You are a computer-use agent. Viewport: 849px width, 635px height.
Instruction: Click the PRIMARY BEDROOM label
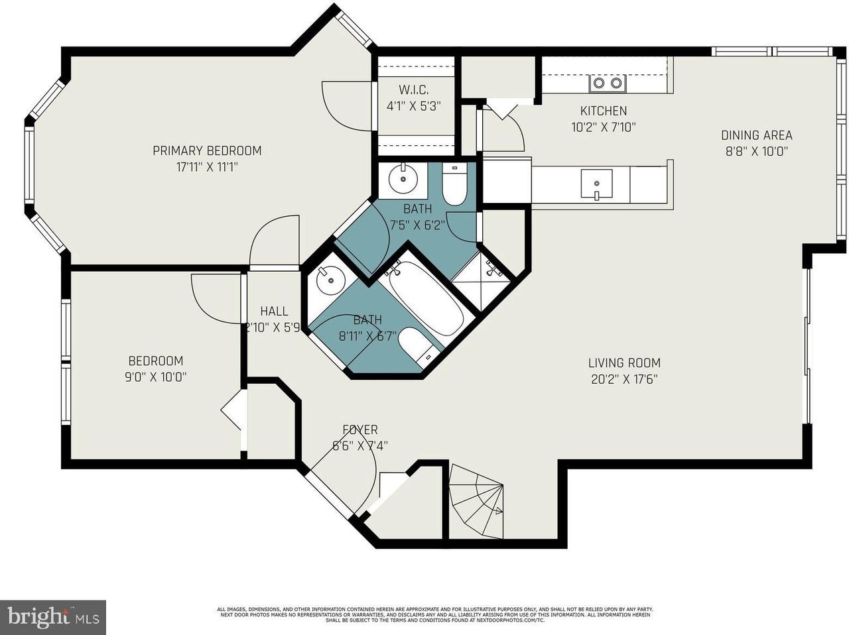207,150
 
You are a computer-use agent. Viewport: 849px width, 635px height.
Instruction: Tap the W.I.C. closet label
413,90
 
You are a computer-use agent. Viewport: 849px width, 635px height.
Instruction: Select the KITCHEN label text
603,111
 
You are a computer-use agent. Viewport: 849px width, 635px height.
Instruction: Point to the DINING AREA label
756,135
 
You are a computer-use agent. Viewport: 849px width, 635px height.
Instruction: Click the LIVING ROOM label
624,363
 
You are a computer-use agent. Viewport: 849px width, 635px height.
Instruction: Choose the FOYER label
360,430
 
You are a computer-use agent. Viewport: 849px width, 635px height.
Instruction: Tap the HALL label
274,311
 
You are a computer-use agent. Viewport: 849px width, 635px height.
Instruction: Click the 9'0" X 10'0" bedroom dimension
156,377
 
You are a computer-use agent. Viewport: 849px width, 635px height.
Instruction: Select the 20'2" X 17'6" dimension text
624,379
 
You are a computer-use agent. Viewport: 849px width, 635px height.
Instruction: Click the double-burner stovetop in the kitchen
608,83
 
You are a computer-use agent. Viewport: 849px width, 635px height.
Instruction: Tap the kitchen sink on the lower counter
596,184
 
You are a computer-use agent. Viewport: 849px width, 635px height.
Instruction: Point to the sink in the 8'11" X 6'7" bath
329,281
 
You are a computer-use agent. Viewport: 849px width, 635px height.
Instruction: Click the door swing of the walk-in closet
347,106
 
